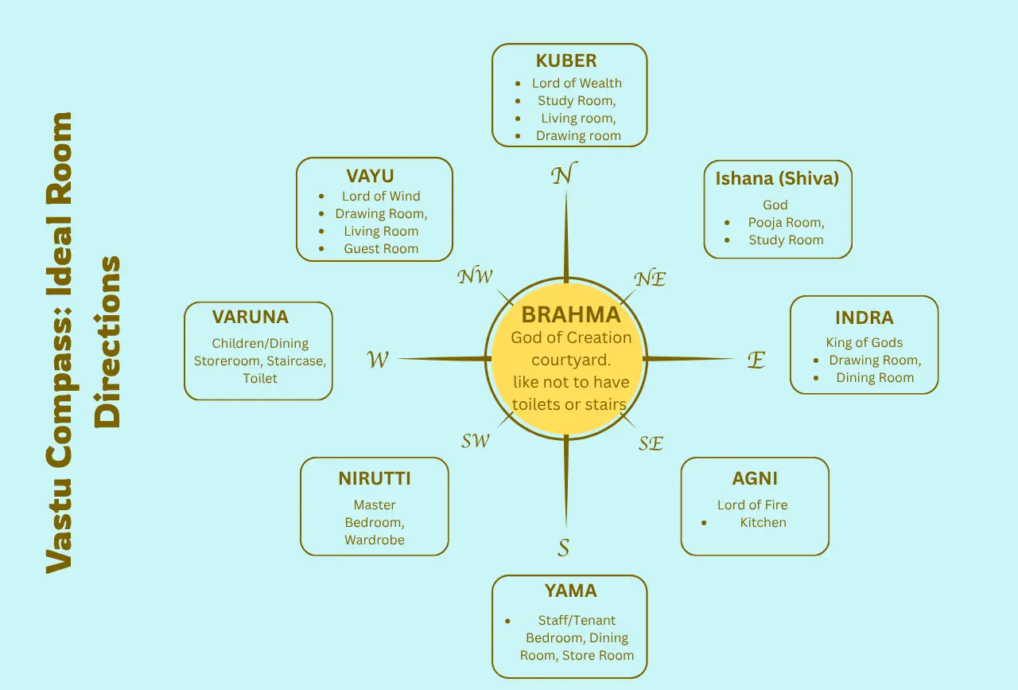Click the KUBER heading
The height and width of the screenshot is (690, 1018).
pos(566,61)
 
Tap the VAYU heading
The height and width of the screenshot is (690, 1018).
pos(370,175)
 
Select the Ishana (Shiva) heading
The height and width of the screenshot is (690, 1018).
pos(777,178)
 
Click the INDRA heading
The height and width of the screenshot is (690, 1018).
pos(864,318)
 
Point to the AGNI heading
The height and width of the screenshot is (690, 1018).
pos(755,478)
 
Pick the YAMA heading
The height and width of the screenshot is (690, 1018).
pos(570,591)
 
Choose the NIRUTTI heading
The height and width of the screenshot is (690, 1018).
pos(374,478)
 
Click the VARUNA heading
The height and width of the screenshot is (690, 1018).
pos(250,317)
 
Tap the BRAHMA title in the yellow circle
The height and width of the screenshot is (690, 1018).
pos(570,314)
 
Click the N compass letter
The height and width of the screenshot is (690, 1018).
pos(564,174)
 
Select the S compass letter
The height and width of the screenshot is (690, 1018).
pos(563,548)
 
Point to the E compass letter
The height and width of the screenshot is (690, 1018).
pos(756,361)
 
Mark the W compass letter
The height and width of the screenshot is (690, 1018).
pos(378,361)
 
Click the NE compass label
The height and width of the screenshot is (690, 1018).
pos(650,279)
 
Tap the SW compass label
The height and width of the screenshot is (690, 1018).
pos(476,441)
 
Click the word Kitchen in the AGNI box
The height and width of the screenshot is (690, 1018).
pos(763,523)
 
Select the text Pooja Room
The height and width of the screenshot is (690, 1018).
pos(786,223)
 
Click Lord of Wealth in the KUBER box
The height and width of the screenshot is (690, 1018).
pos(577,84)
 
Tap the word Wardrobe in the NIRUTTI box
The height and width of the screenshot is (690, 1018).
pos(374,540)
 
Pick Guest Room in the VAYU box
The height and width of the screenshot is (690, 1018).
pos(381,249)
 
